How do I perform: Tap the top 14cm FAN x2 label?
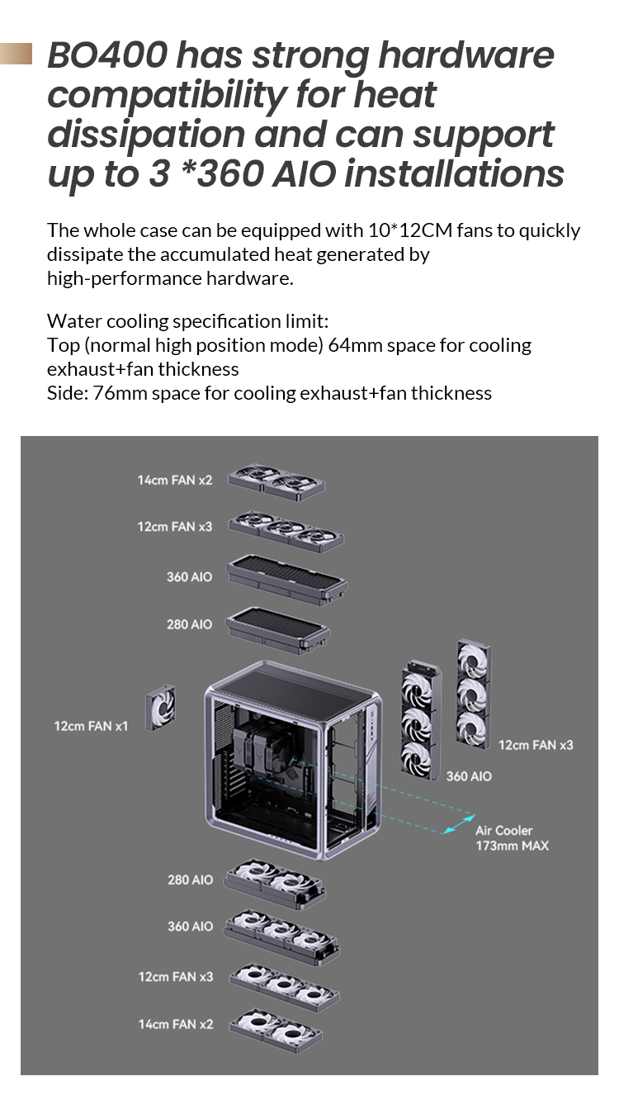click(174, 480)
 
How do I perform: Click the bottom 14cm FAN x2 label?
click(175, 1024)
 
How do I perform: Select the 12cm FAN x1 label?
click(91, 726)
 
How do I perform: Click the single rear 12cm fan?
click(160, 709)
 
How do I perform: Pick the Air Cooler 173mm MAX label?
click(511, 837)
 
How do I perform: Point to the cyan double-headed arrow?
click(451, 824)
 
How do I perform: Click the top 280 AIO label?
click(189, 624)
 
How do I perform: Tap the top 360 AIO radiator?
click(286, 578)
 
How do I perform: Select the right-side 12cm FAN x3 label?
click(535, 745)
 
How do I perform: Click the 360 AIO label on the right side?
click(468, 776)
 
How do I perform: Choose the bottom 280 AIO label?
click(190, 880)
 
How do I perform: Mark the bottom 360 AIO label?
click(190, 927)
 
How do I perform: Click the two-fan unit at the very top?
click(276, 479)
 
